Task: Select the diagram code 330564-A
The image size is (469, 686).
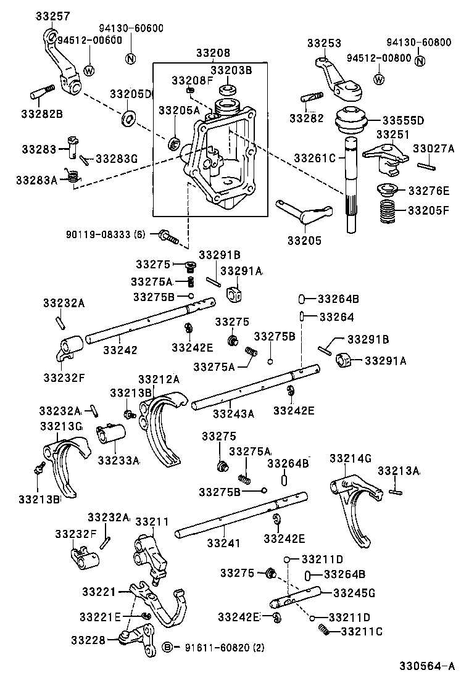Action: pos(426,666)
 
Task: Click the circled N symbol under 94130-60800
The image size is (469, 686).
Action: pos(420,60)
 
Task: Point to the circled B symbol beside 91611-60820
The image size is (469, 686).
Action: pos(167,647)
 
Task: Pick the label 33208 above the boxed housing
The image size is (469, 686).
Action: pos(213,54)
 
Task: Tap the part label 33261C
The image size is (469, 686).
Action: pos(319,158)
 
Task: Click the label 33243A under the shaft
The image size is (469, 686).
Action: pos(233,414)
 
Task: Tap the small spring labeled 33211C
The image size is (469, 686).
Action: pos(323,630)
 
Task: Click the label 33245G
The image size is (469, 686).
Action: pos(354,593)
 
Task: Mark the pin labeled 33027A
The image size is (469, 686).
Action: pos(427,165)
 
